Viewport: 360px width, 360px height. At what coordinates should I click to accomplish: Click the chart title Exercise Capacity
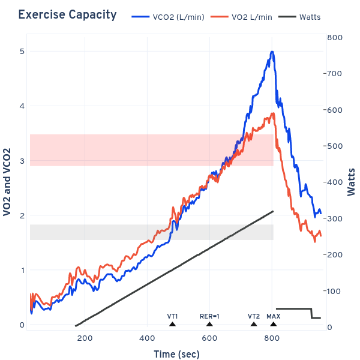coord(67,15)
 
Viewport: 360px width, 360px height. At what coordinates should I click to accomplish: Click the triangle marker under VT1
coord(172,324)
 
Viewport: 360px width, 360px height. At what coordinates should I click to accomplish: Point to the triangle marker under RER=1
coord(209,324)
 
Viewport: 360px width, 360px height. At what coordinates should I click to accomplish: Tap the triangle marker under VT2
coord(254,324)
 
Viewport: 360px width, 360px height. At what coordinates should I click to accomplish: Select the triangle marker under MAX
coord(274,324)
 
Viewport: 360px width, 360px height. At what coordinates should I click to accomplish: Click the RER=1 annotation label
coord(209,316)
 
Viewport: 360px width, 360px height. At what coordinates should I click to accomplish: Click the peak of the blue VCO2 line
coord(272,52)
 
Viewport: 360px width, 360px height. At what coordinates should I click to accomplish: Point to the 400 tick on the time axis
coord(147,338)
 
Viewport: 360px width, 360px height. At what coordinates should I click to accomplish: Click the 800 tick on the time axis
coord(272,338)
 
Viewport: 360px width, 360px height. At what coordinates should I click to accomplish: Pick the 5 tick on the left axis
coord(22,52)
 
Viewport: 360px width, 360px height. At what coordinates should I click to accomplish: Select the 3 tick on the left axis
coord(22,161)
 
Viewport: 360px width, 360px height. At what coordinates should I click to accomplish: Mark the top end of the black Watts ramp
coord(273,211)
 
